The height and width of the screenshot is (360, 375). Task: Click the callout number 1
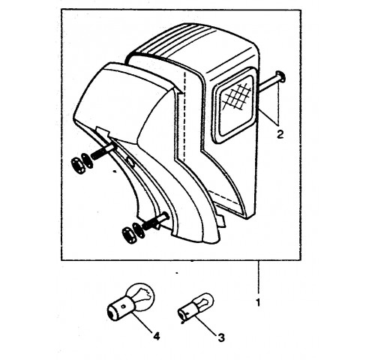(259, 303)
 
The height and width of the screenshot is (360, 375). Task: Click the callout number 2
(280, 134)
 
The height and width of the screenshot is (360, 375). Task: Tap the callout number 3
(221, 337)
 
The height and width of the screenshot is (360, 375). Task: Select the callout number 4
(156, 336)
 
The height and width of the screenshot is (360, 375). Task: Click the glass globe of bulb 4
(141, 295)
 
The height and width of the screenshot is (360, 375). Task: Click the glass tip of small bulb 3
(204, 301)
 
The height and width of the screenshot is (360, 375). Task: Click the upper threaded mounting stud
(103, 152)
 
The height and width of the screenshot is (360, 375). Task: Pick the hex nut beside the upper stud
(78, 166)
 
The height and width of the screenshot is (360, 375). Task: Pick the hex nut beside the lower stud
(130, 235)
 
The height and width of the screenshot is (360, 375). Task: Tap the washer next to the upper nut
(87, 160)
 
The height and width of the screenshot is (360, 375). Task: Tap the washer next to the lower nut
(139, 230)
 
